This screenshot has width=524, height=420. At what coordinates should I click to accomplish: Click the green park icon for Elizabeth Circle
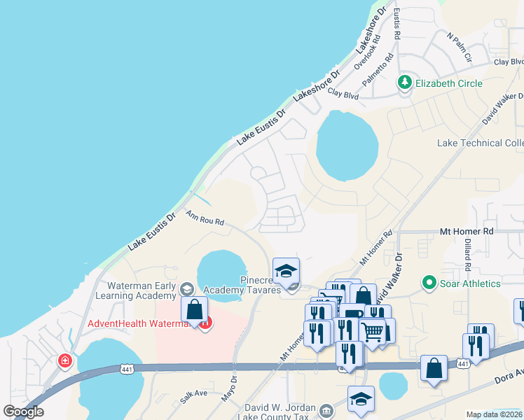[x=404, y=83]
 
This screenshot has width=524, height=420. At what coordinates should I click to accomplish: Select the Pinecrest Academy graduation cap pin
[x=286, y=271]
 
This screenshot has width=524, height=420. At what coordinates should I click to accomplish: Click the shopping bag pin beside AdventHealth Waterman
[x=195, y=309]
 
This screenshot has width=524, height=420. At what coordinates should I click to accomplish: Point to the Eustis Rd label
[x=397, y=24]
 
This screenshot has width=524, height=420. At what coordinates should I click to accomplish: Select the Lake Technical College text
[x=480, y=143]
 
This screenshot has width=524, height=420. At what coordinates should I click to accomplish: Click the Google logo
[x=23, y=412]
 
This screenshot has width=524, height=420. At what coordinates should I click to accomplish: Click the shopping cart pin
[x=373, y=330]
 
